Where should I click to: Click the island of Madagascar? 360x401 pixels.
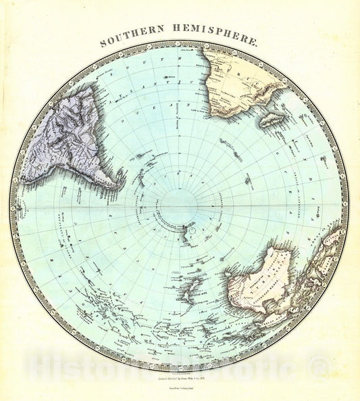[x=272, y=119]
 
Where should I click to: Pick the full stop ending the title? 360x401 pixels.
[x=257, y=43]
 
